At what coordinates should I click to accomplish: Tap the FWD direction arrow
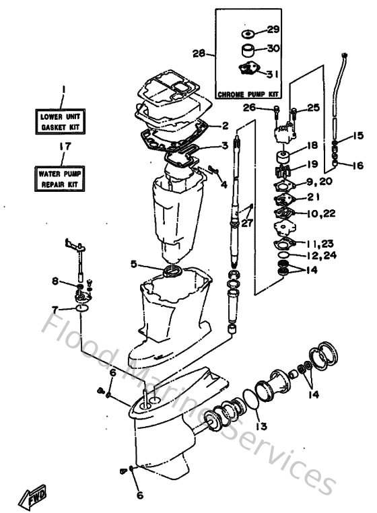coord(34,499)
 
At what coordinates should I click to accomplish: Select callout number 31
coord(273,73)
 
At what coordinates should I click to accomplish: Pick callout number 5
coord(134,264)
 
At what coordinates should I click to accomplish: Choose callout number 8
coord(55,280)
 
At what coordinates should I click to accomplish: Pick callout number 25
coord(313,108)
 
